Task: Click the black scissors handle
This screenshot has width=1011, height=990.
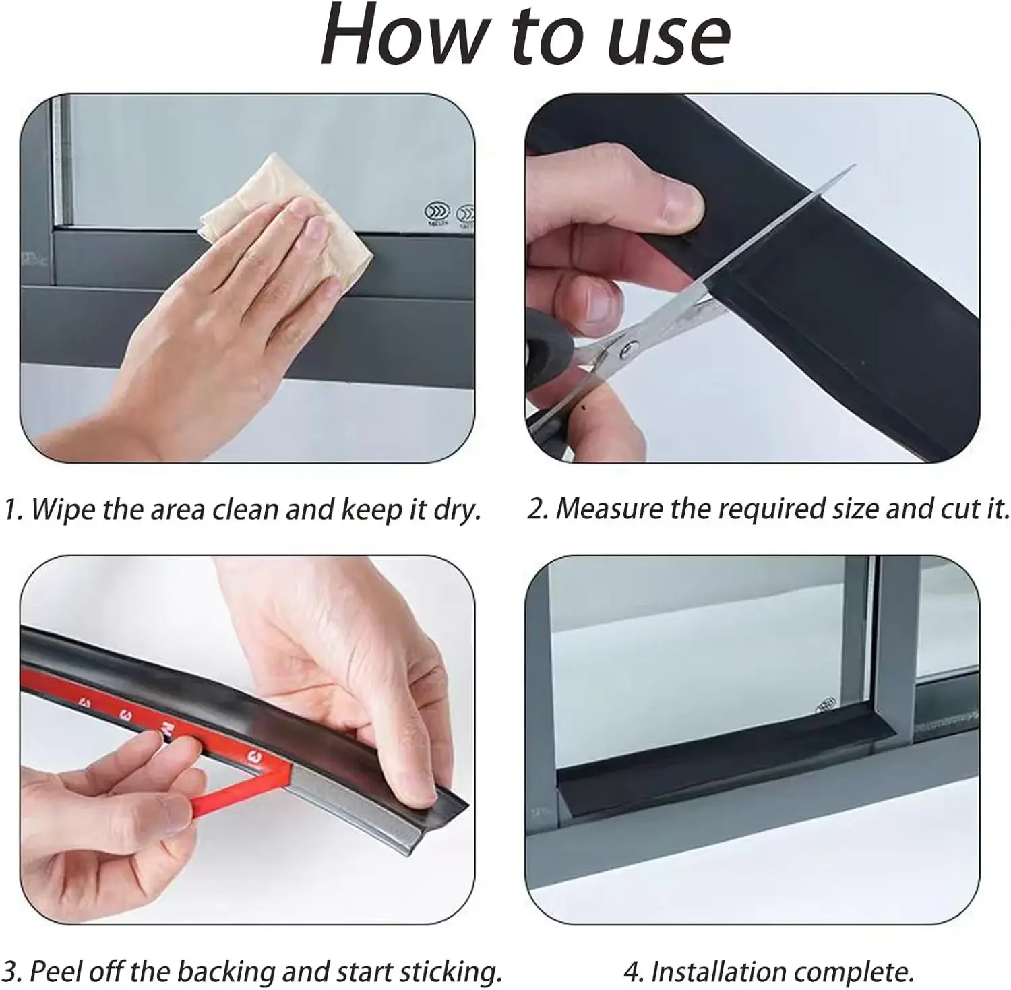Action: pyautogui.click(x=549, y=364)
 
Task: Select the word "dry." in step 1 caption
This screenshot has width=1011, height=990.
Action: pyautogui.click(x=457, y=510)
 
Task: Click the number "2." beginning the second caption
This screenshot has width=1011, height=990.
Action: pyautogui.click(x=537, y=509)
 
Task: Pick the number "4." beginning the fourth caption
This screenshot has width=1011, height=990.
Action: pyautogui.click(x=634, y=972)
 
